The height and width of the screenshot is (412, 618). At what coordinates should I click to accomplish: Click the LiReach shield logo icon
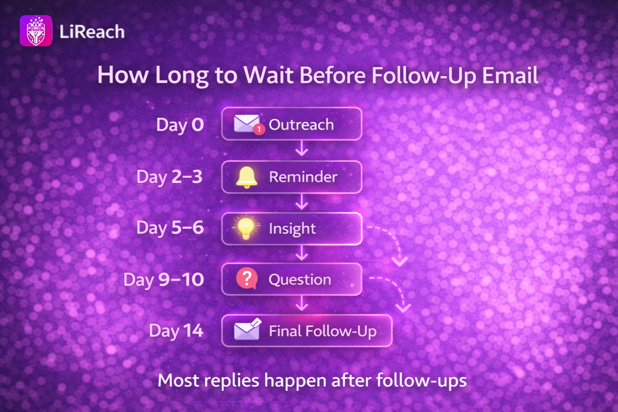[36, 31]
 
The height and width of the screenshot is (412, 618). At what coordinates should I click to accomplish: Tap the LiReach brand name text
[92, 31]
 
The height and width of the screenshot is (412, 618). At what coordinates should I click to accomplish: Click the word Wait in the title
[268, 75]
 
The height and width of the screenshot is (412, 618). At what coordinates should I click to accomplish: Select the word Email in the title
[510, 75]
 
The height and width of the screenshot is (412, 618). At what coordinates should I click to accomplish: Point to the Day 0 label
[180, 124]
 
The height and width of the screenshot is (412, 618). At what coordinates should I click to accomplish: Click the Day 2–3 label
[169, 177]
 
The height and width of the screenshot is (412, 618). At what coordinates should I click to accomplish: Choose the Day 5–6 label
[170, 228]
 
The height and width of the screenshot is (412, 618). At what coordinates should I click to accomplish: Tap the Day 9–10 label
[164, 280]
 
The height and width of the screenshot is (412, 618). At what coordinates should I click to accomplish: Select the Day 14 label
[176, 331]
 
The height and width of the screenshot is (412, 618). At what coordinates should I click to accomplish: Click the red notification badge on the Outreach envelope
[259, 129]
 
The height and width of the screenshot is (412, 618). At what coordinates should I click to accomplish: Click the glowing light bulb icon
[246, 228]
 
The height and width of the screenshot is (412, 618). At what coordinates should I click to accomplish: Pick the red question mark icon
[247, 278]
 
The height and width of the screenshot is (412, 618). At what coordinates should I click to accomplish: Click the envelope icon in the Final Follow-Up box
[247, 329]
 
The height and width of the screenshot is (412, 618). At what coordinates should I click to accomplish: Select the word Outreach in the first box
[301, 124]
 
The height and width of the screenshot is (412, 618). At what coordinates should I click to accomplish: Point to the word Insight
[292, 229]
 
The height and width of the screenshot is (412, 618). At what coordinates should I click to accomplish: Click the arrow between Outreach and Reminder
[301, 148]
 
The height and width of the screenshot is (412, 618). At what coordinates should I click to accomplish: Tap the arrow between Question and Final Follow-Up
[301, 303]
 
